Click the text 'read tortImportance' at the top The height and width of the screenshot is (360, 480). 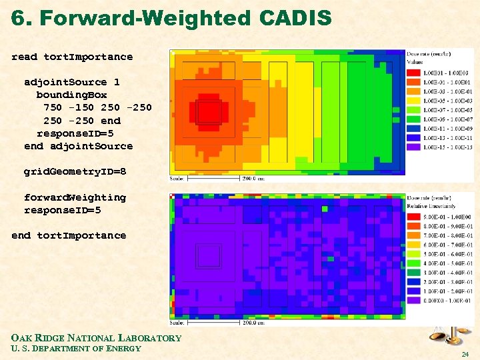click(72, 57)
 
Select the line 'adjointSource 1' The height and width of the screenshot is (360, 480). click(72, 82)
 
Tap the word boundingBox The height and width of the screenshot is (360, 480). click(71, 95)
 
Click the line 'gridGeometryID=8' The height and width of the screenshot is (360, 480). click(75, 171)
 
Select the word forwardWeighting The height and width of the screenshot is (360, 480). click(75, 197)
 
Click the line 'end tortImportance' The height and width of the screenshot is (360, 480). click(69, 235)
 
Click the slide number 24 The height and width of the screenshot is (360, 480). click(465, 354)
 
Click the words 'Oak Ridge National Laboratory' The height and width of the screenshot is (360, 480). click(96, 338)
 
